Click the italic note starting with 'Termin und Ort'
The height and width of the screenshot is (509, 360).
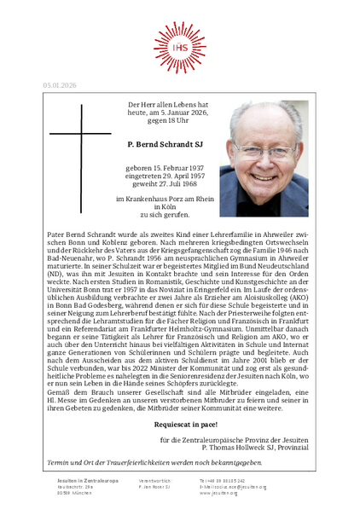(x=142, y=461)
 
